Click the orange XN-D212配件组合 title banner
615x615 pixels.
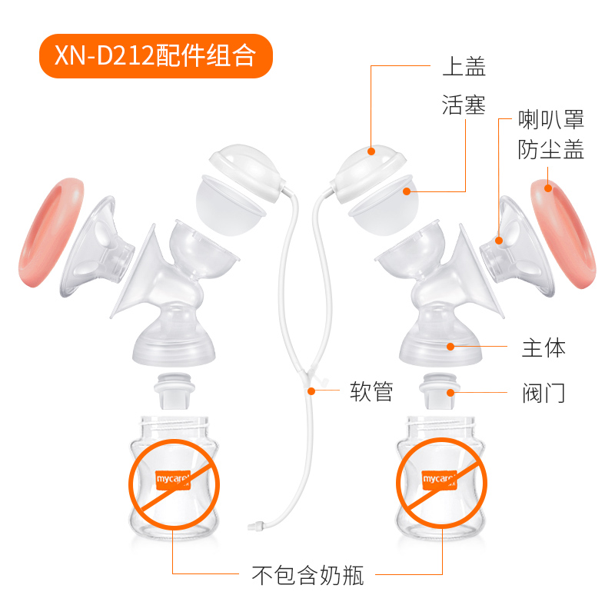coord(155,56)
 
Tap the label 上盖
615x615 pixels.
coord(464,67)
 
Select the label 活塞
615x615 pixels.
coord(464,105)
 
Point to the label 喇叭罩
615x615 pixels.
coord(551,119)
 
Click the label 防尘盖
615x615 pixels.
coord(551,150)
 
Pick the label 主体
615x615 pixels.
coord(544,347)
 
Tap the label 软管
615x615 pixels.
coord(371,392)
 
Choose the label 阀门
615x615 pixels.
coord(544,394)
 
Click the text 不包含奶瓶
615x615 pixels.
coord(307,573)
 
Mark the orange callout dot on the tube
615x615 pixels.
coord(312,391)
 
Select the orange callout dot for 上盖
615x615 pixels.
coord(371,151)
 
